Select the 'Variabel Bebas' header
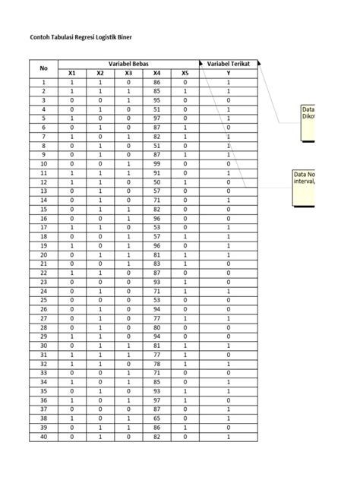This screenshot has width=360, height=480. point(128,64)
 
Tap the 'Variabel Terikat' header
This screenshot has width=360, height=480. point(229,64)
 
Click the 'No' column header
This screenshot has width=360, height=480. point(43,68)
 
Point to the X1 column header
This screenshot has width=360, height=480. point(71,73)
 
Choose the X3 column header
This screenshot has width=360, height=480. point(128,73)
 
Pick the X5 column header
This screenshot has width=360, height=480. point(185,73)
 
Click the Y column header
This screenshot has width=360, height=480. point(229,73)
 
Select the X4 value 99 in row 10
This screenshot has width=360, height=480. point(157,163)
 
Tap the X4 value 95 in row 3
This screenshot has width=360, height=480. point(157,99)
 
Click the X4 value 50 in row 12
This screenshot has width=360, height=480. point(157,182)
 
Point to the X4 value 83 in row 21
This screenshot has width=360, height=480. point(157,264)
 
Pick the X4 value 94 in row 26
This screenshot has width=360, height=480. point(157,309)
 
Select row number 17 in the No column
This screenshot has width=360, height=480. point(43,227)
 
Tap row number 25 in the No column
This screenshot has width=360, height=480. point(43,300)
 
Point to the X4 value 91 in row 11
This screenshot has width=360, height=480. point(157,172)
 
